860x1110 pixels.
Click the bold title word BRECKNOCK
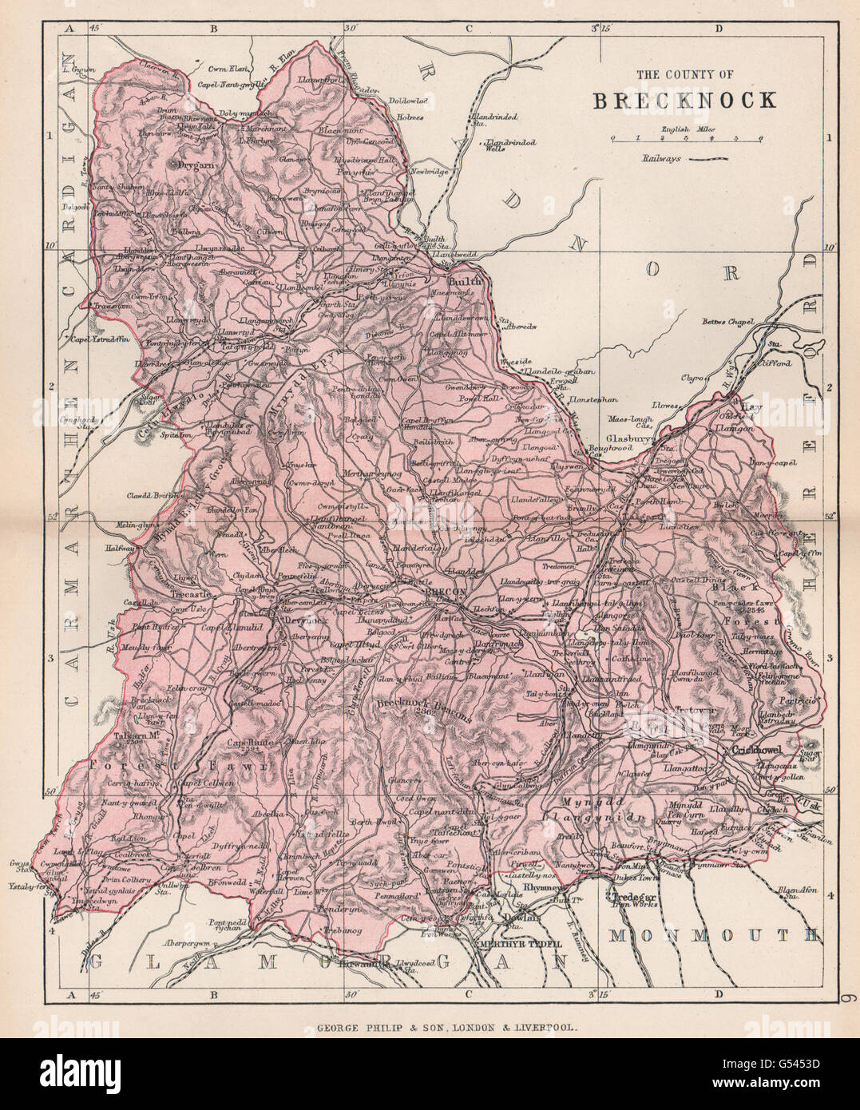684,100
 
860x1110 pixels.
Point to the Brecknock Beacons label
424,708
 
